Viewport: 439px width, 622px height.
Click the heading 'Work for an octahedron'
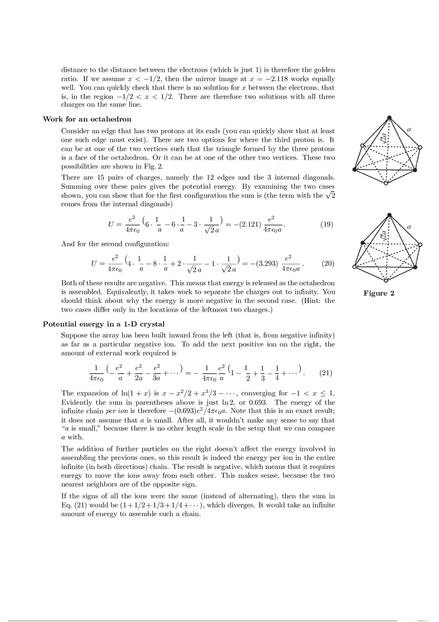point(87,119)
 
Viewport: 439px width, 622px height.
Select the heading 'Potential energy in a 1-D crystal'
point(104,324)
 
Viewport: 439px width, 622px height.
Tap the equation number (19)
point(327,224)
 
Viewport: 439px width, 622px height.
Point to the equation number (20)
point(328,263)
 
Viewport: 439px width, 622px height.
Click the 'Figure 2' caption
point(379,293)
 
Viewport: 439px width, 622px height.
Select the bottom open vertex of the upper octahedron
point(386,185)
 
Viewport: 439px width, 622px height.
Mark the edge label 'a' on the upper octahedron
point(409,129)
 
